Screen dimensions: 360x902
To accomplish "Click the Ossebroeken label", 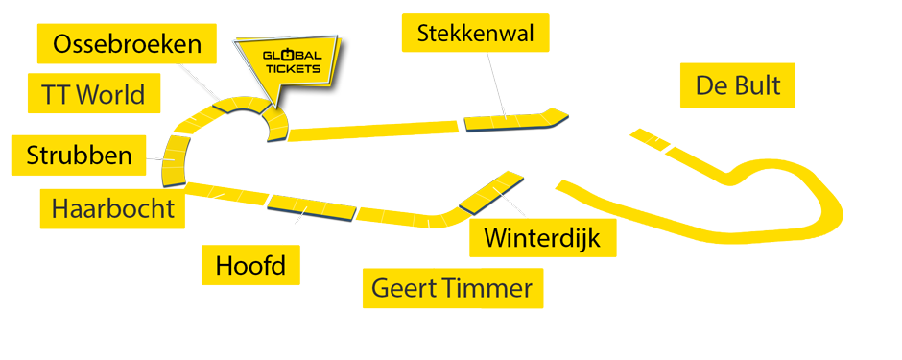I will (x=128, y=44).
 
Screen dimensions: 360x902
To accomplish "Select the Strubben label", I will (x=79, y=156).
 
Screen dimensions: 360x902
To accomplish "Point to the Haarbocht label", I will (x=113, y=208).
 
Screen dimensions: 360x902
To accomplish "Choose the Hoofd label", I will (x=250, y=265).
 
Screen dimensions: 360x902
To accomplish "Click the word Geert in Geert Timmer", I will (x=404, y=288).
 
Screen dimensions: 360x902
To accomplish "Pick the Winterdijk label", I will (x=542, y=237).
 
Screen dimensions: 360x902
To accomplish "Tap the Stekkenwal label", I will (x=475, y=34).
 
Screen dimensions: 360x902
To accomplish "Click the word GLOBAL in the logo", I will (x=292, y=57).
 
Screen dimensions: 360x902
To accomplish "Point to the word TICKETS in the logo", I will (x=292, y=69).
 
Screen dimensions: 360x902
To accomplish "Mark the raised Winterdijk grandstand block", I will (x=491, y=191).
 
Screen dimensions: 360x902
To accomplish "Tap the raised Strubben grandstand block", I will (x=177, y=160).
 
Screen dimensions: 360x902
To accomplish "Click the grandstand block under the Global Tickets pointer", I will (x=274, y=125).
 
